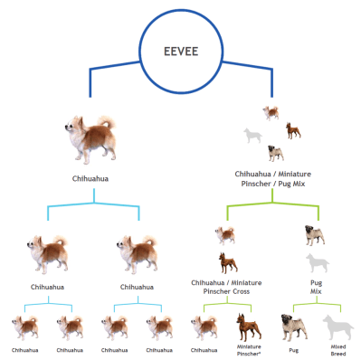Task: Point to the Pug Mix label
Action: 316,289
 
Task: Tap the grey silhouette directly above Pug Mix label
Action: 316,264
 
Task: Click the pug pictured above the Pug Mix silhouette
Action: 316,237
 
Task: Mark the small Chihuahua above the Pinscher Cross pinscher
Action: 225,236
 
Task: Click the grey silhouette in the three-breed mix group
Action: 252,136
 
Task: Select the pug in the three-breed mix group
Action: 292,130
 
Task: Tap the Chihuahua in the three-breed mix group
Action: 271,113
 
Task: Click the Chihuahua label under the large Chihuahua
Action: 91,179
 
